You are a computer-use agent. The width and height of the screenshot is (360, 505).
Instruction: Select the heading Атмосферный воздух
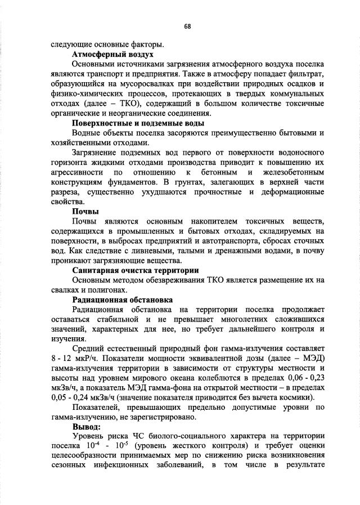(112, 56)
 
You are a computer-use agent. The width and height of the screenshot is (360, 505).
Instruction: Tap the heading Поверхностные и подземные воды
(138, 123)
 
